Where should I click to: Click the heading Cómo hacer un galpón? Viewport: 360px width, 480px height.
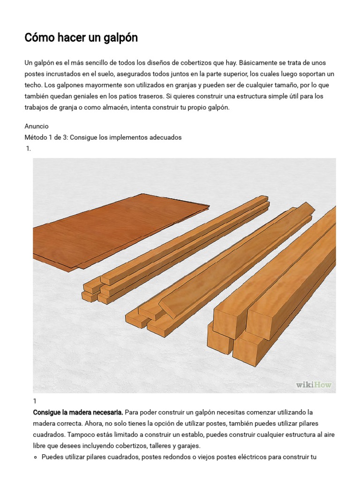tap(81, 38)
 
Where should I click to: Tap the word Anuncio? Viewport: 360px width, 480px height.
tap(37, 126)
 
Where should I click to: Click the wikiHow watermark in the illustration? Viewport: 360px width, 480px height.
tap(314, 385)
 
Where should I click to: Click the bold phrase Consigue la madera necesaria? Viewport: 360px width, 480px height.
tap(78, 412)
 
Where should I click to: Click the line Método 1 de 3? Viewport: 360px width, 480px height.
tap(103, 137)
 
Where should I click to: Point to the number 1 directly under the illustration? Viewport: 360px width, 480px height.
tap(35, 401)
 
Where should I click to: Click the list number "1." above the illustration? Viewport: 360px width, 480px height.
tap(29, 149)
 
